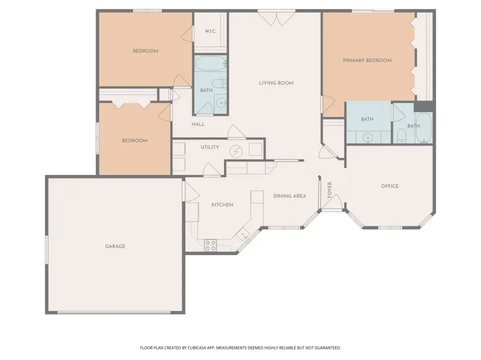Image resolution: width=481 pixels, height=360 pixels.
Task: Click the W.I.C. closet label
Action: click(x=210, y=31)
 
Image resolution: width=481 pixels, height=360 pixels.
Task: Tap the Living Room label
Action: click(x=276, y=83)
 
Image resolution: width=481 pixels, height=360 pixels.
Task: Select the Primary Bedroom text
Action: click(x=367, y=60)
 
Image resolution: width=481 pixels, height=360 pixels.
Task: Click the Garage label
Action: click(x=115, y=246)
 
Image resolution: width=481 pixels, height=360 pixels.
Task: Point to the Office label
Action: click(x=390, y=186)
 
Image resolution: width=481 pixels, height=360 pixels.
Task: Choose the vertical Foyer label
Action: click(x=330, y=190)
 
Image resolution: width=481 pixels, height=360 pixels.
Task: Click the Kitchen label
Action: click(x=222, y=205)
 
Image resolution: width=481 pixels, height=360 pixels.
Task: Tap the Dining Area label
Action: click(x=290, y=196)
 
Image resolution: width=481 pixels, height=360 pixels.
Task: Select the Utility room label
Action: click(x=210, y=147)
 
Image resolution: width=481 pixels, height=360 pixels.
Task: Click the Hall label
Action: click(x=198, y=124)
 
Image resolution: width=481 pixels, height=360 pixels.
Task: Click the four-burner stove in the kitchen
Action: click(x=211, y=245)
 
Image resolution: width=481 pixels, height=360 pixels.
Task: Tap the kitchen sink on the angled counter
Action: click(x=244, y=235)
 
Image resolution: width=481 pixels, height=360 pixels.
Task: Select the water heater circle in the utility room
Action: click(x=236, y=151)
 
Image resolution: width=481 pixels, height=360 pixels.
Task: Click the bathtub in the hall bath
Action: click(x=211, y=63)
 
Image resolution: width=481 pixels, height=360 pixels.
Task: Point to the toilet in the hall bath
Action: click(x=218, y=83)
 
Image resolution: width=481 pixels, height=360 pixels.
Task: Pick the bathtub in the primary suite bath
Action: click(x=424, y=128)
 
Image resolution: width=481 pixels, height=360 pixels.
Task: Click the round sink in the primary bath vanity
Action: click(x=368, y=138)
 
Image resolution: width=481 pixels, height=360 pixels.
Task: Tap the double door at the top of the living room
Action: click(x=277, y=18)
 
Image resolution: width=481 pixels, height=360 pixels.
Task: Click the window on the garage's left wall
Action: click(x=47, y=249)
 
